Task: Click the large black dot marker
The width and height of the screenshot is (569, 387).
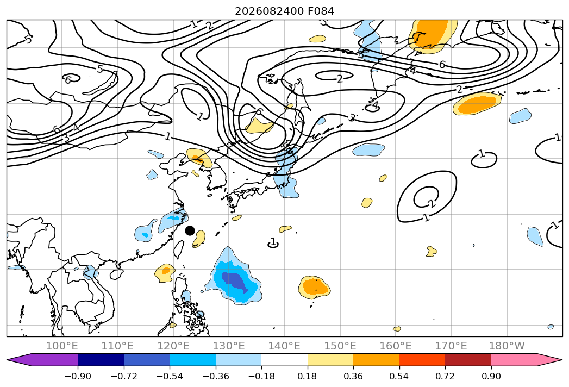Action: (x=190, y=230)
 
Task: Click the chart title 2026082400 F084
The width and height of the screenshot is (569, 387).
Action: (x=285, y=11)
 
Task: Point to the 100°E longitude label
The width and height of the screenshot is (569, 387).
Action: (x=62, y=346)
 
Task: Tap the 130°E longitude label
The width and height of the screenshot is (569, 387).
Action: (x=229, y=346)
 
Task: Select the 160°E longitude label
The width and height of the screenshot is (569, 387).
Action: (x=396, y=346)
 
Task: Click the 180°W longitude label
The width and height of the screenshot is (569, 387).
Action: (x=507, y=346)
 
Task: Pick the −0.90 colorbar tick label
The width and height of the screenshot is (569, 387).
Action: (x=78, y=376)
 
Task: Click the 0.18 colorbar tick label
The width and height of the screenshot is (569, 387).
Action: (x=308, y=376)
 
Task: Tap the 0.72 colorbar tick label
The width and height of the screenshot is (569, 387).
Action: (x=445, y=376)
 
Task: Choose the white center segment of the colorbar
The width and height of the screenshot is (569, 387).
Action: (x=285, y=360)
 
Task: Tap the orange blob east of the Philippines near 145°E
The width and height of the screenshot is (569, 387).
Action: (x=314, y=287)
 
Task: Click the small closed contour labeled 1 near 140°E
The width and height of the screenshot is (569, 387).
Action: (x=273, y=245)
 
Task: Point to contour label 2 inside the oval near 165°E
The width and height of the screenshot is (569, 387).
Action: (x=431, y=203)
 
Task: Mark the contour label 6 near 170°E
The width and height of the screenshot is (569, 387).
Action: (x=442, y=65)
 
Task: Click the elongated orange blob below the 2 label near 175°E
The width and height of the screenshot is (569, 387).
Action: (x=477, y=104)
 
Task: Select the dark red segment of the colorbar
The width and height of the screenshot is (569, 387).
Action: (x=468, y=360)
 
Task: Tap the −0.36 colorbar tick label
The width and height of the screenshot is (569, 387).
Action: (x=216, y=376)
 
